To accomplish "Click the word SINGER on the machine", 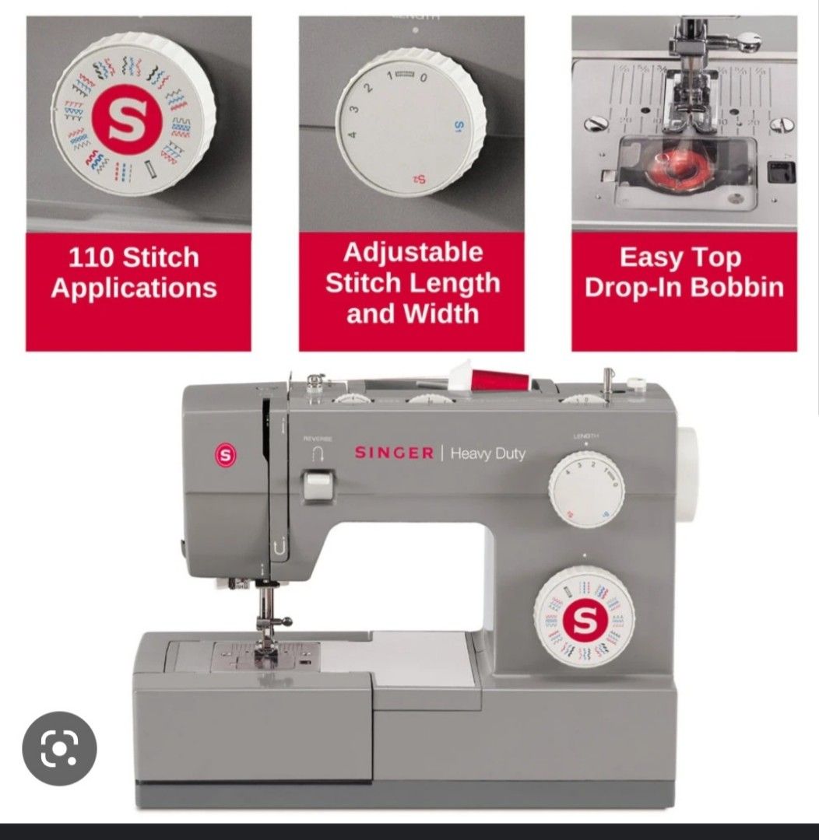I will (x=394, y=453).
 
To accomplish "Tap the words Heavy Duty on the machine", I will (x=487, y=453).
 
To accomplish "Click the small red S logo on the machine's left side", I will (x=226, y=456).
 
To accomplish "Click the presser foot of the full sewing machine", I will (x=267, y=645).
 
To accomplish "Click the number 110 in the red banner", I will (x=90, y=257).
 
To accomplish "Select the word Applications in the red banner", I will (x=134, y=289).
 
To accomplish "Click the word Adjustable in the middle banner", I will (x=413, y=253).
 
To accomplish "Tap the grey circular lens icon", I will (x=59, y=749).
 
